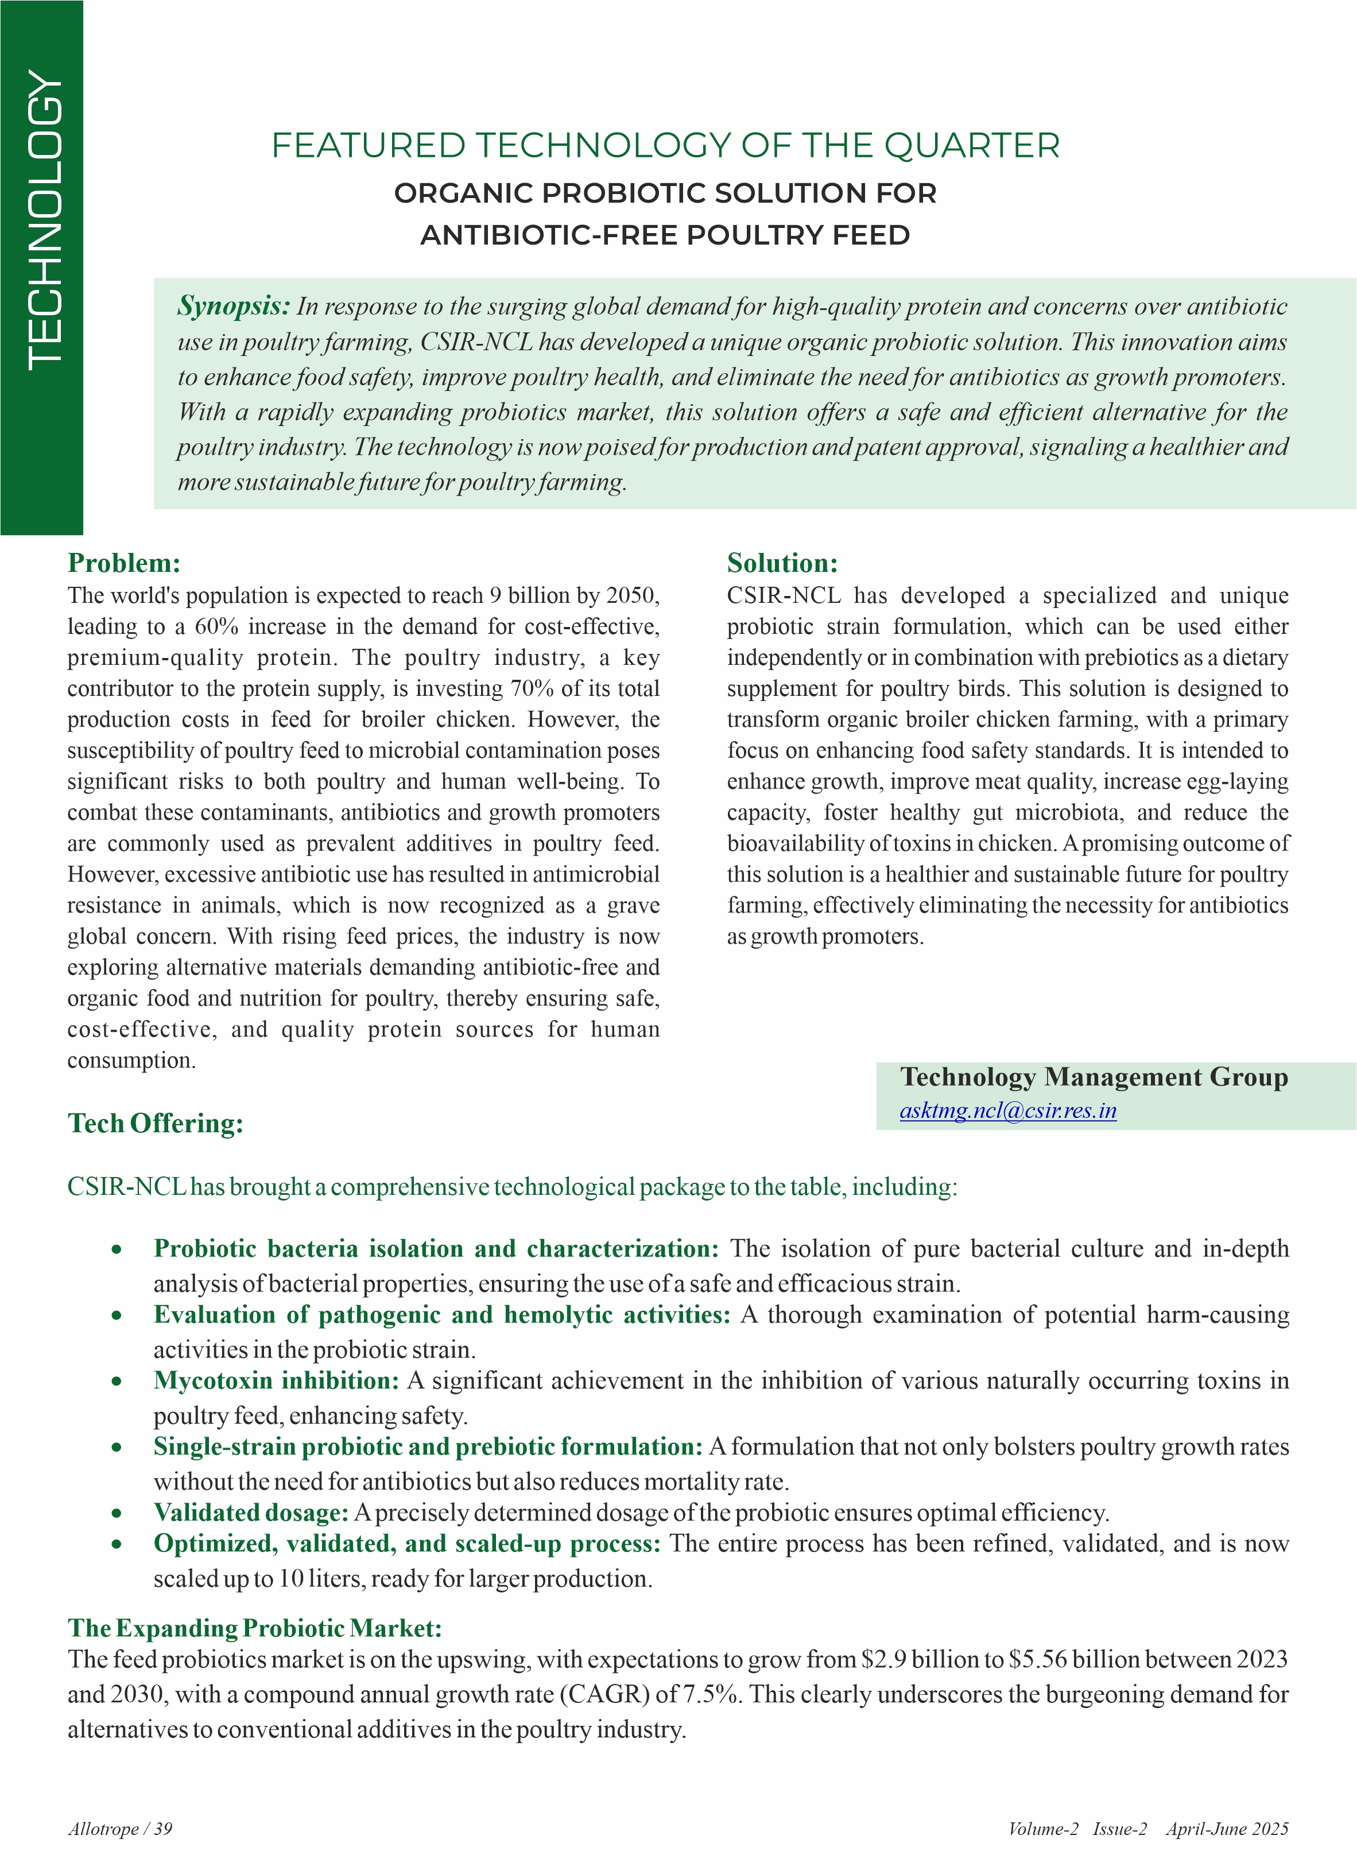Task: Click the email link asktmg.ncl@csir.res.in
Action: (x=1007, y=1111)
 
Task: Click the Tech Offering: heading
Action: (x=156, y=1123)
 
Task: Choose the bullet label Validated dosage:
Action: (x=251, y=1512)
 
